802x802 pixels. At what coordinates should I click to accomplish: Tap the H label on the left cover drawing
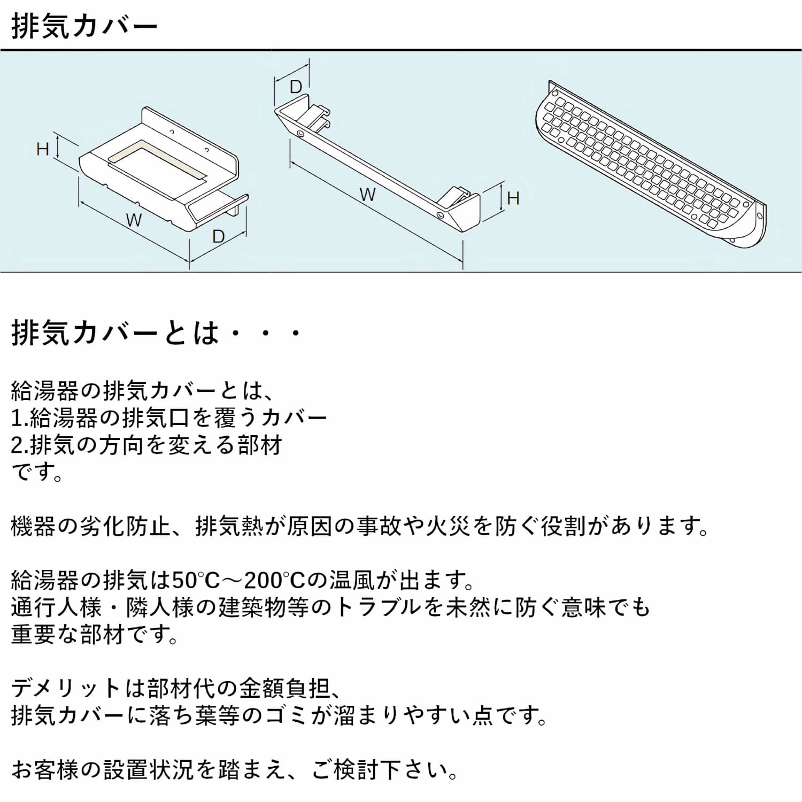(x=43, y=149)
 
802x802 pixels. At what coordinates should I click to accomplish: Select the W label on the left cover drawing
(x=134, y=219)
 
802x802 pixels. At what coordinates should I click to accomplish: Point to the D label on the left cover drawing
(x=218, y=236)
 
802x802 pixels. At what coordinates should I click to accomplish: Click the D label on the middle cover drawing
(x=295, y=87)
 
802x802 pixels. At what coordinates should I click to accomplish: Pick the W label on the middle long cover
(x=367, y=195)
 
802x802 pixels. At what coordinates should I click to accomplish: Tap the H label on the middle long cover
(x=513, y=199)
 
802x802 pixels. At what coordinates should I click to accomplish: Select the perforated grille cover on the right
(x=650, y=166)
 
